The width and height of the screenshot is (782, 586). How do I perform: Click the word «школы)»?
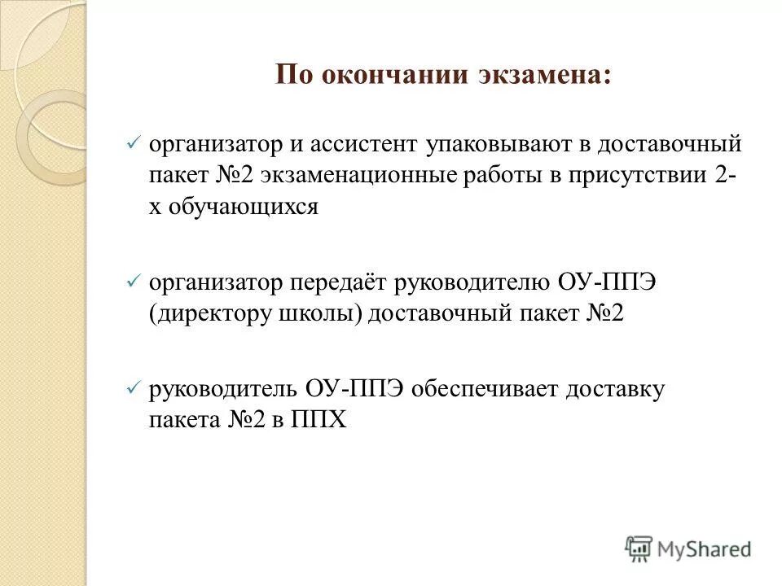(x=319, y=313)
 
